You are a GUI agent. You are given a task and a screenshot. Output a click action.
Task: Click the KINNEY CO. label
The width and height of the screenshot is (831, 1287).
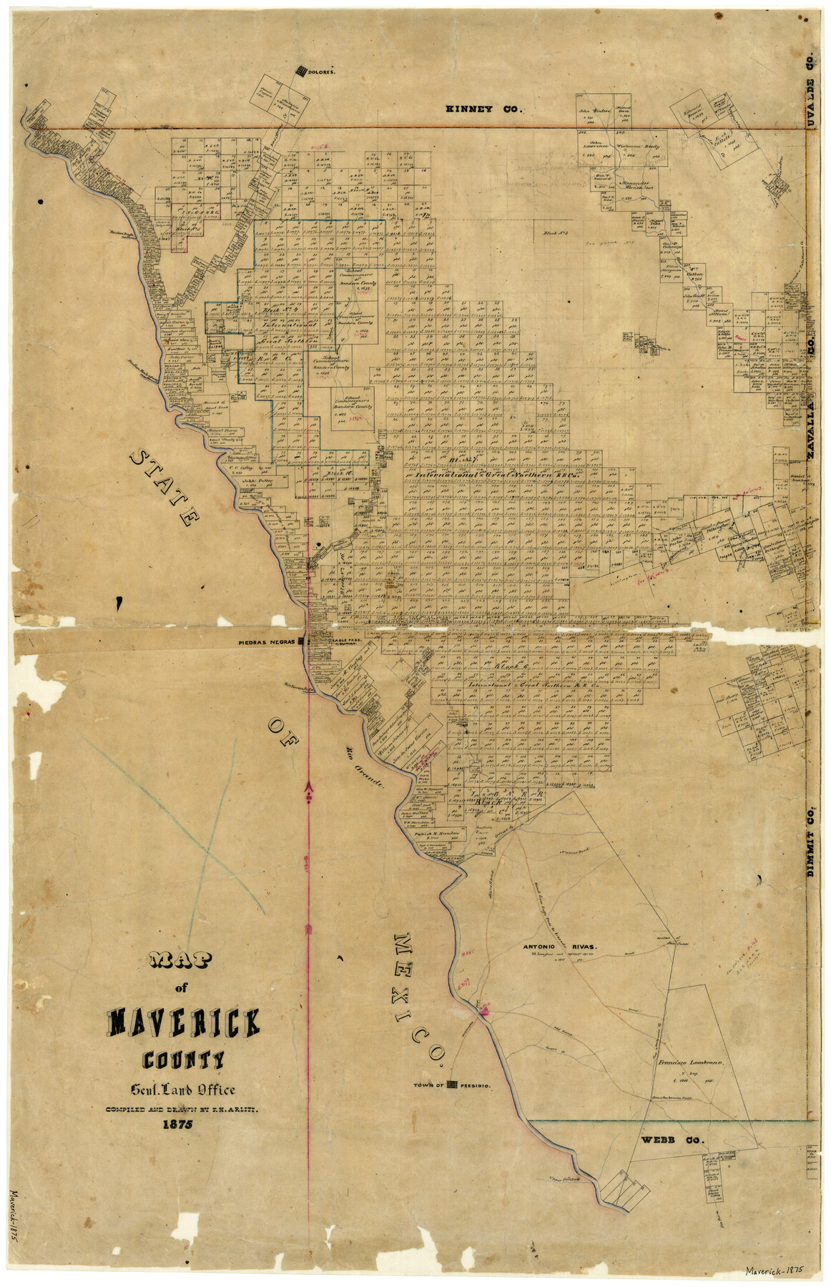click(485, 109)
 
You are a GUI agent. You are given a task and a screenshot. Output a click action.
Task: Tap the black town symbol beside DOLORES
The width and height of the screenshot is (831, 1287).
click(302, 70)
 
